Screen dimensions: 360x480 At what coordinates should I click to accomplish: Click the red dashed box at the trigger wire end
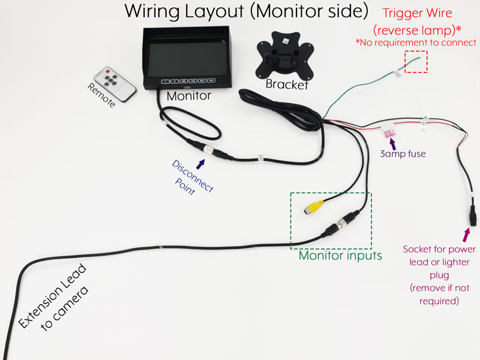pos(416,62)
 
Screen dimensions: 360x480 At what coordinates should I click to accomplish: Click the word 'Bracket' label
pos(287,85)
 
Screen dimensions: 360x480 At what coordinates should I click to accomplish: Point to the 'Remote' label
pos(101,95)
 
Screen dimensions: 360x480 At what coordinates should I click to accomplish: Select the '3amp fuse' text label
pos(403,154)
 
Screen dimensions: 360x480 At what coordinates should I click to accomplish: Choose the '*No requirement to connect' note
pos(415,42)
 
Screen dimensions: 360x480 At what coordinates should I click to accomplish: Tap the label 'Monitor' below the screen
pos(188,95)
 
